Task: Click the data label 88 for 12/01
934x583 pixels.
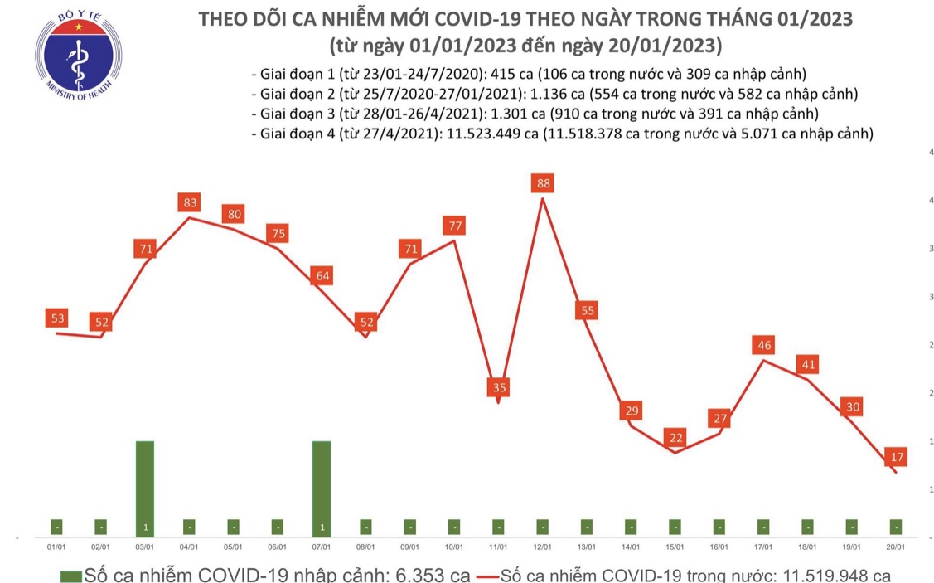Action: (544, 183)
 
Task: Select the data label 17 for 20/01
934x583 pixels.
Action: (894, 456)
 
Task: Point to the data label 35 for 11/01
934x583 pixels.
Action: (499, 386)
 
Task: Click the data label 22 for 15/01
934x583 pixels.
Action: (675, 437)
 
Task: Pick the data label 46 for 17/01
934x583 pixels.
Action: (762, 344)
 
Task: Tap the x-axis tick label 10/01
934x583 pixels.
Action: (454, 547)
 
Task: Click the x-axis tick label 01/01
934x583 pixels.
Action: (56, 547)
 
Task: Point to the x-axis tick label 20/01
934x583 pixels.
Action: (896, 547)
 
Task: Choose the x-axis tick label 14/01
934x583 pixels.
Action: (631, 547)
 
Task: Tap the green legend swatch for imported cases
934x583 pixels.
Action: (70, 574)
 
